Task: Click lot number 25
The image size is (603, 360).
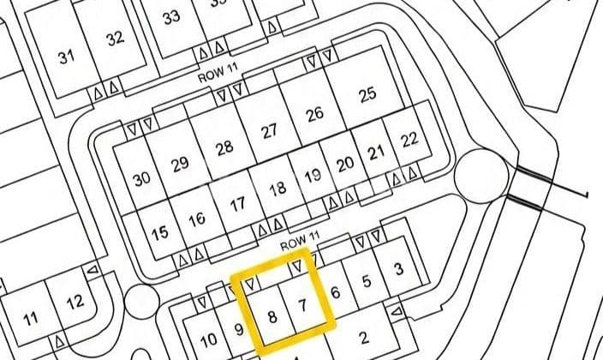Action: (367, 94)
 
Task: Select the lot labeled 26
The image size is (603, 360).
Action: (314, 114)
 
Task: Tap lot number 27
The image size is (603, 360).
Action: (270, 131)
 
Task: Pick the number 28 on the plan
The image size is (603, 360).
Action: (224, 147)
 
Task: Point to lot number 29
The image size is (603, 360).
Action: (180, 164)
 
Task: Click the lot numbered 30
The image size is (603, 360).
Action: (142, 179)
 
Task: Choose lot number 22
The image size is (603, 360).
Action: (409, 139)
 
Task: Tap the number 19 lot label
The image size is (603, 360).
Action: (313, 176)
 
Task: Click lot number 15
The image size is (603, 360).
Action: (159, 233)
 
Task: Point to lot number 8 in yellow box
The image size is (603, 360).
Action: (272, 316)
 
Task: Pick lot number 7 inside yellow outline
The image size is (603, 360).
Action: (301, 305)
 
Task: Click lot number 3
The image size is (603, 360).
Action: (398, 270)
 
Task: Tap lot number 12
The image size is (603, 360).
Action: (75, 301)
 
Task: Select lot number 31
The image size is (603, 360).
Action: (68, 57)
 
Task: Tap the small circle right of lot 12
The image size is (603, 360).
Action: (139, 301)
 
